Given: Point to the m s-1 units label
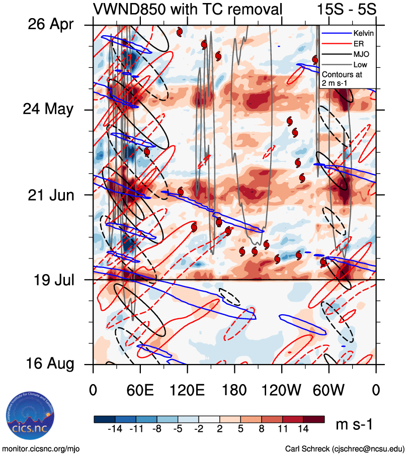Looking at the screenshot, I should (x=354, y=425).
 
